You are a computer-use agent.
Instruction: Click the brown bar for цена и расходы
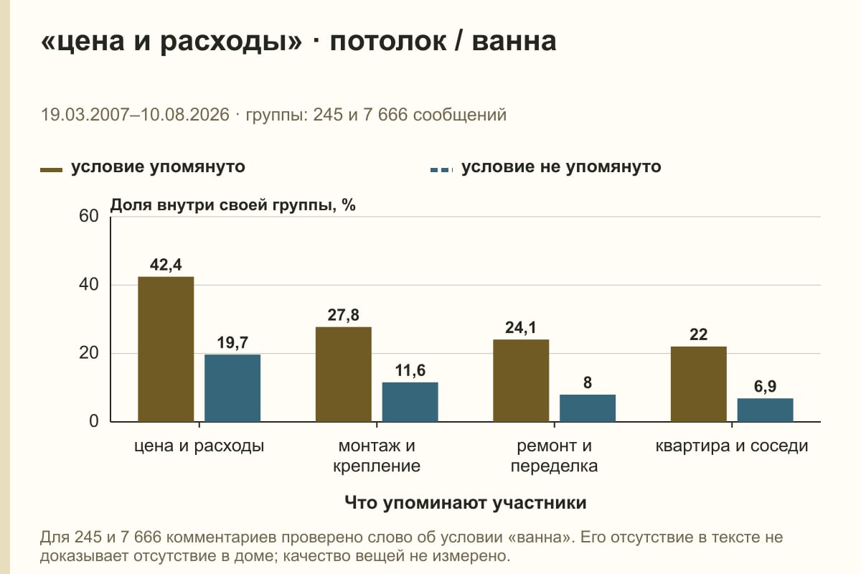(x=166, y=349)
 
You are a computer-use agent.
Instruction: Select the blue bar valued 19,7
(x=232, y=388)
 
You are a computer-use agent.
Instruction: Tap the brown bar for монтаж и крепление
(x=344, y=375)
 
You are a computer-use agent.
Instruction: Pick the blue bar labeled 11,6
(x=410, y=402)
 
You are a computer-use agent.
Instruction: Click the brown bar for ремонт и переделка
(x=521, y=380)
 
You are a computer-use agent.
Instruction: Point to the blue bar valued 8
(x=588, y=408)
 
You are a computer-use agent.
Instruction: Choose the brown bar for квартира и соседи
(x=699, y=384)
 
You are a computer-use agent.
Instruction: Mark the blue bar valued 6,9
(x=766, y=410)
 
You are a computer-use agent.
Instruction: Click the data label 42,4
(x=166, y=265)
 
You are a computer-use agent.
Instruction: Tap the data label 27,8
(x=343, y=315)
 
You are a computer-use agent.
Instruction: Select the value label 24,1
(x=521, y=328)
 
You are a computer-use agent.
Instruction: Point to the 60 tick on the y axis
(x=89, y=216)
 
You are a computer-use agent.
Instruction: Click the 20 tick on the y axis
(x=89, y=353)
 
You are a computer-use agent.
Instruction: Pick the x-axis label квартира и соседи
(x=732, y=446)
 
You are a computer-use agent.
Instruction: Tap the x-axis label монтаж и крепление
(x=377, y=456)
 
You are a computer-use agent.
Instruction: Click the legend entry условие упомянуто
(x=158, y=167)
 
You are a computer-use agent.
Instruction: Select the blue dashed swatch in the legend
(x=442, y=170)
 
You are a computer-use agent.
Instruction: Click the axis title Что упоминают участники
(x=466, y=503)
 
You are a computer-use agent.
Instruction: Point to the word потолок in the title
(x=388, y=41)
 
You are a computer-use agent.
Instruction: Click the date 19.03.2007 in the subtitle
(x=85, y=115)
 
